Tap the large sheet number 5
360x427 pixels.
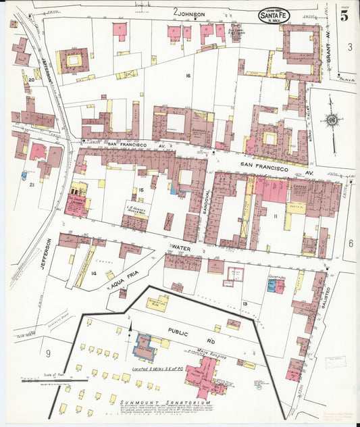click(x=344, y=16)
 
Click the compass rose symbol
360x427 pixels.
click(x=332, y=120)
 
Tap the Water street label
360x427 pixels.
click(x=182, y=248)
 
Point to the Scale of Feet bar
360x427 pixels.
click(x=54, y=381)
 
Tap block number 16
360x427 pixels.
click(x=188, y=76)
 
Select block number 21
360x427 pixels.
click(x=31, y=184)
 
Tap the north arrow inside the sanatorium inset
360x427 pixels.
click(x=130, y=329)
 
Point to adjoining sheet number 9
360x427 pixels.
click(x=48, y=353)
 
